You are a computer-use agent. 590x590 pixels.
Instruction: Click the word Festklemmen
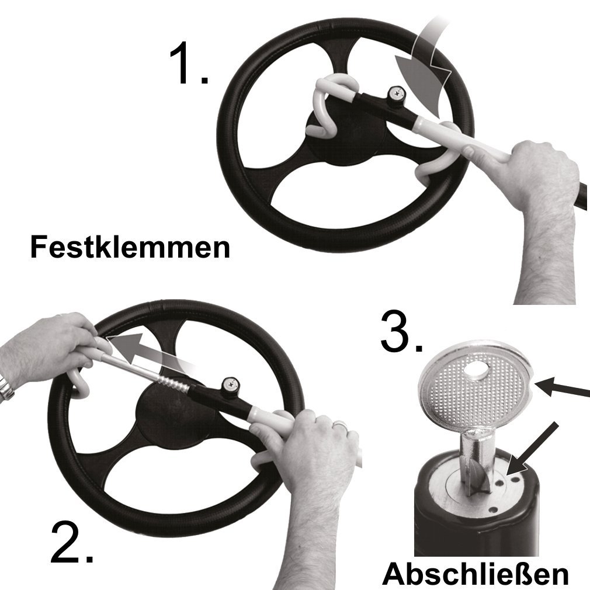pos(130,247)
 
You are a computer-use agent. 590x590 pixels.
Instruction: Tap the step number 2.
pos(71,542)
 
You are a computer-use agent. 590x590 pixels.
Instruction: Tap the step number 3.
pos(401,331)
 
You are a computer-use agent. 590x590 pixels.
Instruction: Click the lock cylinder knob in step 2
pos(231,384)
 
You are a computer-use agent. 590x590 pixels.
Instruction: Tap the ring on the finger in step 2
pos(341,424)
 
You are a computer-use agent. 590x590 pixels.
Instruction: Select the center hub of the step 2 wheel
pos(177,412)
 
